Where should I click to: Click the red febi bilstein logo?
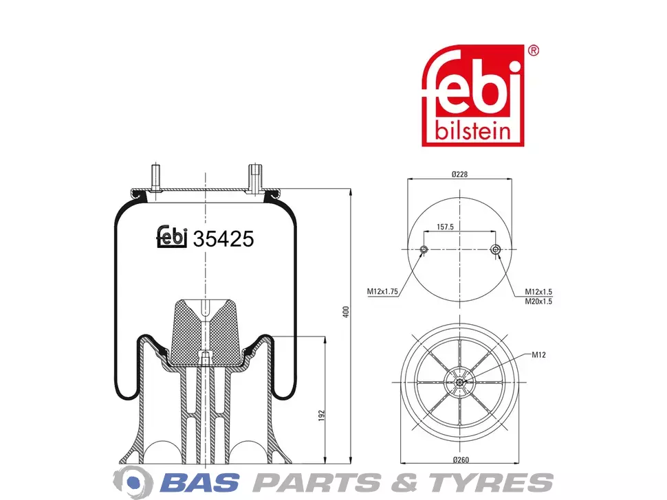[472, 95]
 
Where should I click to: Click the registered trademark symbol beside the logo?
[533, 51]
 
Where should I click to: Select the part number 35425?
[223, 239]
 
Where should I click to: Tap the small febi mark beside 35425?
[172, 236]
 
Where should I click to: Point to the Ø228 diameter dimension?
[459, 174]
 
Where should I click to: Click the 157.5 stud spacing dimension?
[445, 227]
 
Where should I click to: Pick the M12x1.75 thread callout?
[382, 291]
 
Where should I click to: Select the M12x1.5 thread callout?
[538, 292]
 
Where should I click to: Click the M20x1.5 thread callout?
[538, 302]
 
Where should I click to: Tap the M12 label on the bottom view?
[538, 354]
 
